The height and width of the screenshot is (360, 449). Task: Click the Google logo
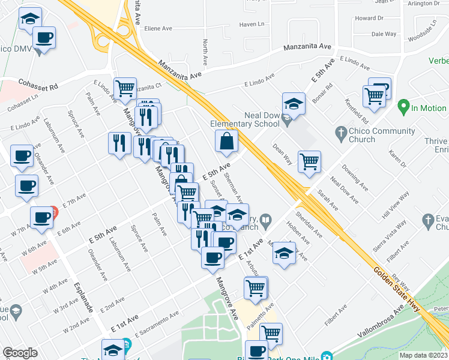click(20, 353)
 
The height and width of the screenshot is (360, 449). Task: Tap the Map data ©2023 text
click(424, 355)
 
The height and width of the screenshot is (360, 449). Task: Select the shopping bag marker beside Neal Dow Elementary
click(228, 142)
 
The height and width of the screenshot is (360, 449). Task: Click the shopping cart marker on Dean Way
click(309, 161)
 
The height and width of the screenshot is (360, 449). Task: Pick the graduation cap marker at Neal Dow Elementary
click(294, 104)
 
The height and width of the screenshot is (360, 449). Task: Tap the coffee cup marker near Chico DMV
click(44, 38)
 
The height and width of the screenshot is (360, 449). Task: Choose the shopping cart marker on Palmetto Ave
click(271, 333)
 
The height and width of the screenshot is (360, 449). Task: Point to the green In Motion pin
click(403, 108)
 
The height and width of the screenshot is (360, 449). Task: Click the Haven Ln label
click(252, 25)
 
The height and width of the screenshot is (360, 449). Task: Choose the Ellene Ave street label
click(158, 28)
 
